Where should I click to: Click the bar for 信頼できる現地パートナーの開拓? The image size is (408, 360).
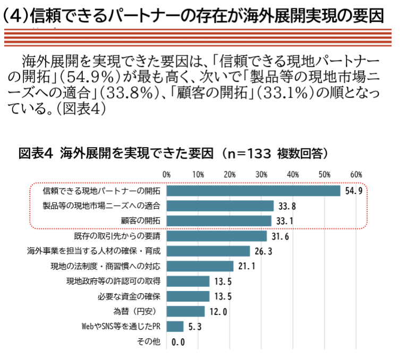(253, 191)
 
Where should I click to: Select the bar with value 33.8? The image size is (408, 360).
(220, 206)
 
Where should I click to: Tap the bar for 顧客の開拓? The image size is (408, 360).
(219, 221)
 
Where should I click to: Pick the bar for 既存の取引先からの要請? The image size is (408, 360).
(217, 236)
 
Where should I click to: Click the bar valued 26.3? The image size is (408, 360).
(208, 251)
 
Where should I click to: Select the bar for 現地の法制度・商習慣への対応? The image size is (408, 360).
(200, 266)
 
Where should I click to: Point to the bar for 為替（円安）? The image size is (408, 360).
(186, 311)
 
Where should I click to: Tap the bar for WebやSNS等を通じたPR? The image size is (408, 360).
(175, 327)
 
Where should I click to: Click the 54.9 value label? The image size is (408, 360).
(353, 191)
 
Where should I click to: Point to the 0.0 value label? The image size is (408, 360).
(178, 342)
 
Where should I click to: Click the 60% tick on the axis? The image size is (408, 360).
(356, 174)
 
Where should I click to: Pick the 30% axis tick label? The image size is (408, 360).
(261, 174)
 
